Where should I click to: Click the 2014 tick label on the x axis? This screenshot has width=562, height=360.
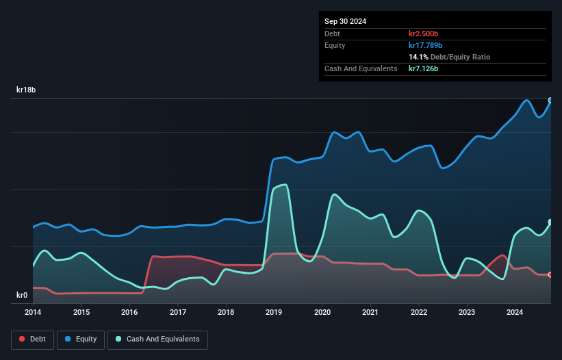point(33,313)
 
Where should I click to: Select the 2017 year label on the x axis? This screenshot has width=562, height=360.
point(178,313)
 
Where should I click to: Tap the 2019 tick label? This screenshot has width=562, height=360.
point(274,313)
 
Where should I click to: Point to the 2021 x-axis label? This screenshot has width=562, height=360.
point(371,313)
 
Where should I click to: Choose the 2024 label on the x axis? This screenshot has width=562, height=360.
point(515,313)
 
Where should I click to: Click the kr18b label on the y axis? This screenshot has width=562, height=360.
point(26,90)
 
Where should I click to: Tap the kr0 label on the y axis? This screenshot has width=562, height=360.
point(22,296)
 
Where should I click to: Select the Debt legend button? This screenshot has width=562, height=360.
point(31,339)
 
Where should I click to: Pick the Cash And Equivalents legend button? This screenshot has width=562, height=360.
point(157,339)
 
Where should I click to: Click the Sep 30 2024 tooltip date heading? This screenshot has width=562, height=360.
point(345,21)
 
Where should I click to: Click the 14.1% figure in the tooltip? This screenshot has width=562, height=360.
point(418,57)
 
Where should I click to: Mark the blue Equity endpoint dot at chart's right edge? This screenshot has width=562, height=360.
point(550,101)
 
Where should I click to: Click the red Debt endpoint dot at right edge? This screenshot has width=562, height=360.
point(550,274)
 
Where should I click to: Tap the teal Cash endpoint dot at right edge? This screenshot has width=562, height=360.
point(550,222)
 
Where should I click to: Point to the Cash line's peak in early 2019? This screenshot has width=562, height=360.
point(284,185)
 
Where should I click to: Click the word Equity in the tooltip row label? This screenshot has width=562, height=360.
point(335,45)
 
